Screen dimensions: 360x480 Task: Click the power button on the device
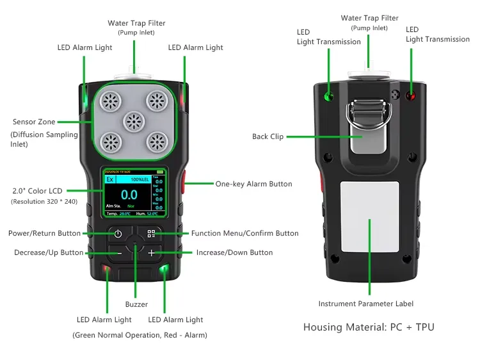[x=118, y=234]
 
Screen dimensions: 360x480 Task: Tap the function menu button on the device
[x=151, y=234]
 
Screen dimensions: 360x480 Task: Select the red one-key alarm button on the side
[x=183, y=184]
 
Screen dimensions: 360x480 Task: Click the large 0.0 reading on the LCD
[x=129, y=195]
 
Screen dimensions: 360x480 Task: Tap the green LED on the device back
[x=330, y=96]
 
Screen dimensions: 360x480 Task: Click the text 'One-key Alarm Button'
[x=253, y=184]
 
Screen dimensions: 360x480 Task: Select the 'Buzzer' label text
[x=136, y=304]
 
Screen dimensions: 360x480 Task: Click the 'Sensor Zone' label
[x=34, y=122]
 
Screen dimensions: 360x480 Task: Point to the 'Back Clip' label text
[x=268, y=136]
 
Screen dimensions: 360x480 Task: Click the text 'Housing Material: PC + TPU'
[x=369, y=327]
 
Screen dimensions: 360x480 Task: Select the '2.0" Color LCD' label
[x=37, y=191]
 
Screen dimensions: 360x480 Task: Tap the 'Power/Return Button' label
[x=44, y=234]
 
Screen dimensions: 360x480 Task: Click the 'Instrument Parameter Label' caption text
[x=366, y=304]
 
